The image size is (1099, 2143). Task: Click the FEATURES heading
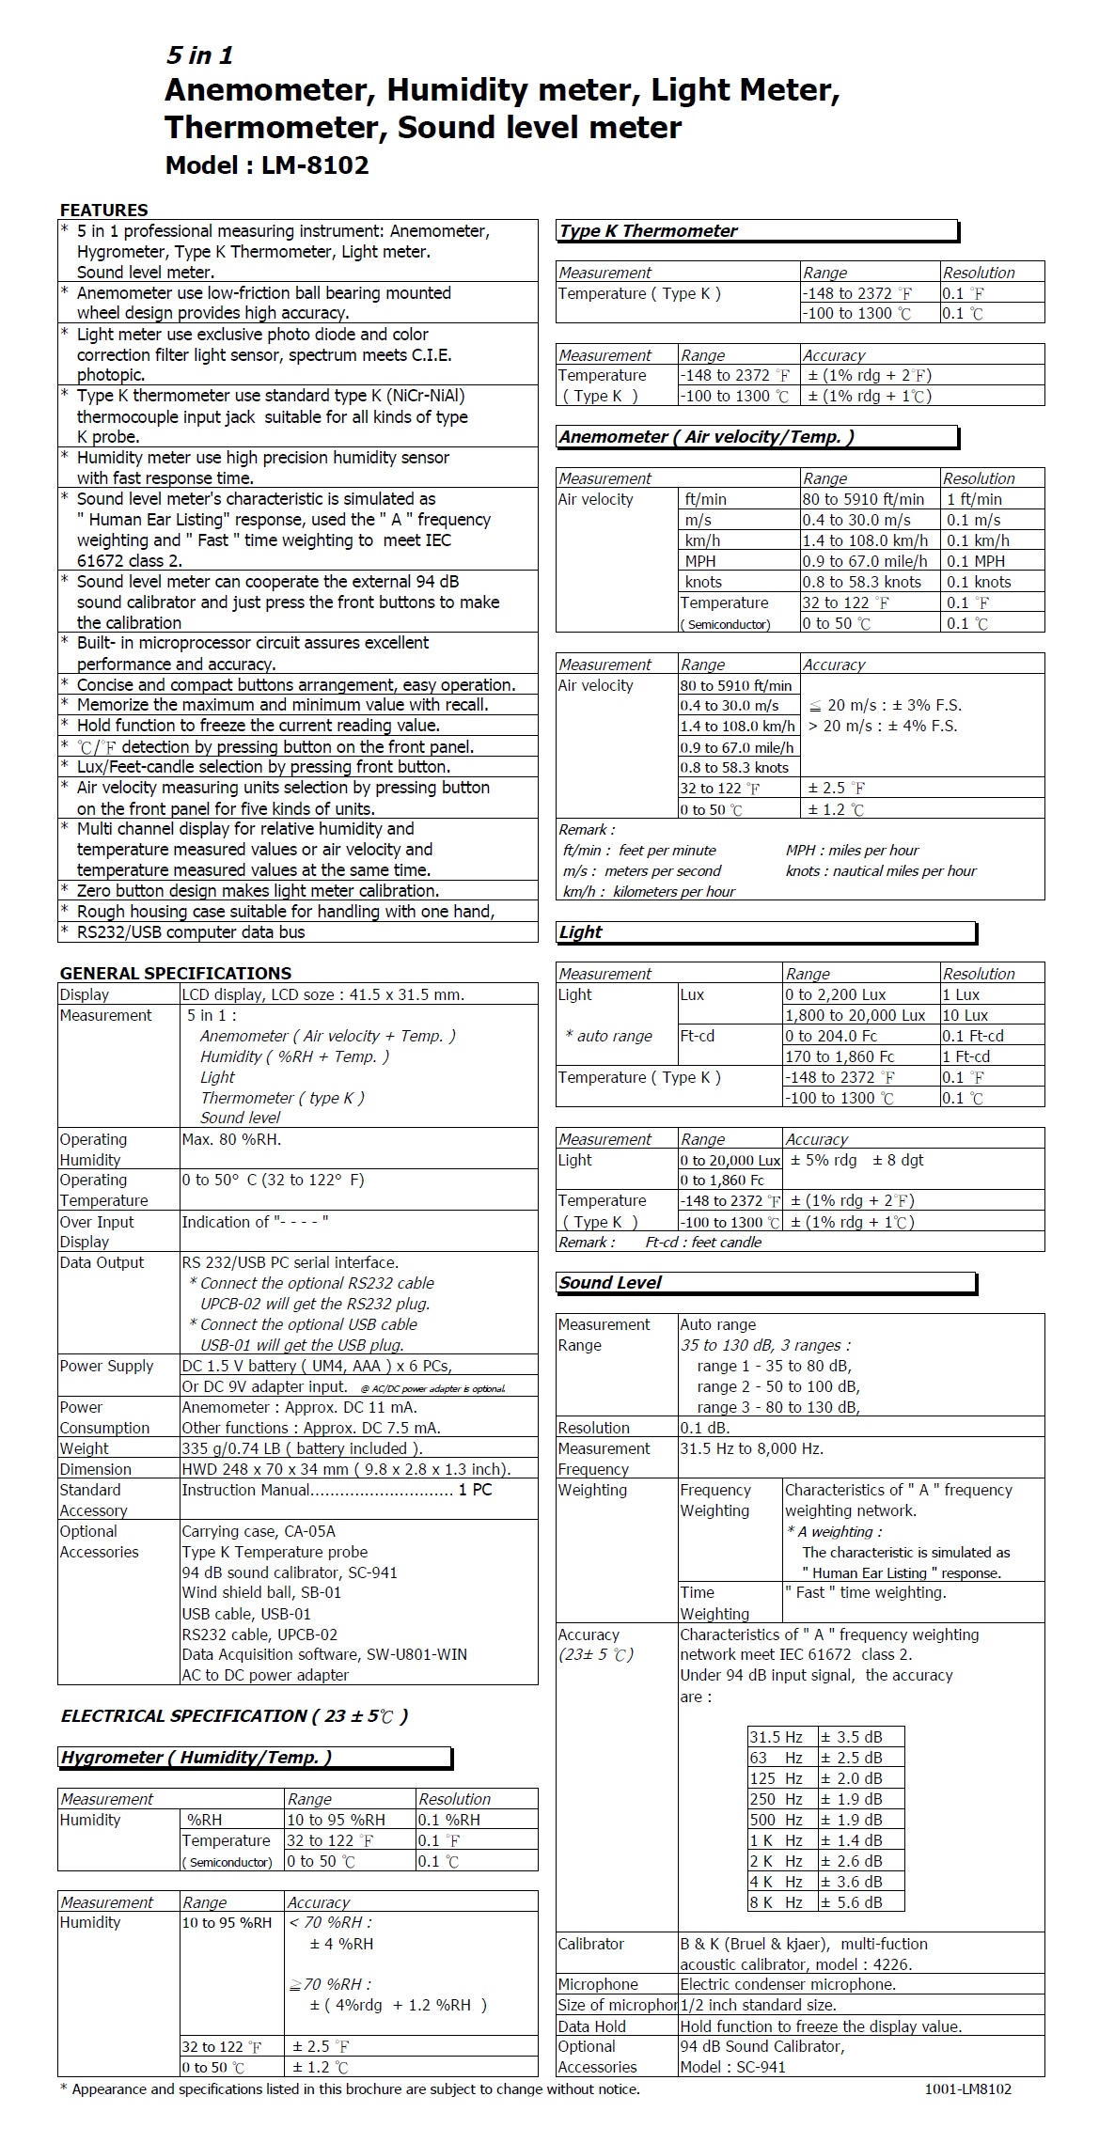pyautogui.click(x=103, y=210)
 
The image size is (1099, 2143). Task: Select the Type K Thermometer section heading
pyautogui.click(x=648, y=231)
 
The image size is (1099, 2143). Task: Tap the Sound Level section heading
pyautogui.click(x=610, y=1283)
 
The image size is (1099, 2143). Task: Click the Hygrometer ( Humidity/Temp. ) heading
pyautogui.click(x=196, y=1758)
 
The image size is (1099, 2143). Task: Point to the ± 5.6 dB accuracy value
pyautogui.click(x=851, y=1902)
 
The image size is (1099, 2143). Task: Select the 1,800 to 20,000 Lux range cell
pyautogui.click(x=855, y=1015)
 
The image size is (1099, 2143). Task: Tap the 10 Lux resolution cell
pyautogui.click(x=965, y=1015)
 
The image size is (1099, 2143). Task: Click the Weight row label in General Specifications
pyautogui.click(x=84, y=1448)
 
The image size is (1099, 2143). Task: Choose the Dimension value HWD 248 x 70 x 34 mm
pyautogui.click(x=346, y=1469)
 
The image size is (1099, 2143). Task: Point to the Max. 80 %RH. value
pyautogui.click(x=231, y=1139)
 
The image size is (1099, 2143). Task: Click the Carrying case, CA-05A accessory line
pyautogui.click(x=259, y=1531)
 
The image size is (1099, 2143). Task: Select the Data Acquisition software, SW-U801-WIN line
pyautogui.click(x=324, y=1654)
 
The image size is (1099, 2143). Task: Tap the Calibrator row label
pyautogui.click(x=590, y=1944)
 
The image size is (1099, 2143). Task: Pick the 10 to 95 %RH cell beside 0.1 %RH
pyautogui.click(x=336, y=1820)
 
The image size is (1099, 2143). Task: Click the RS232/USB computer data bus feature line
pyautogui.click(x=191, y=932)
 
